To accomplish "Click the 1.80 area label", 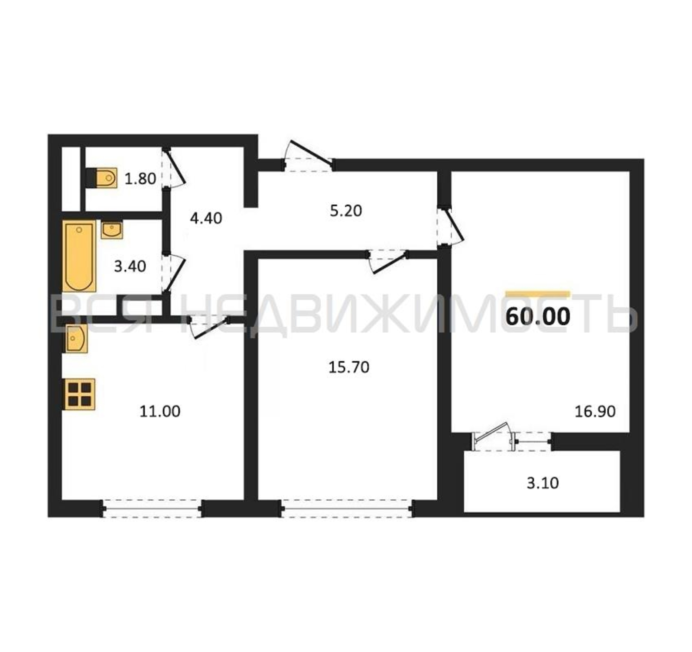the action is click(x=140, y=179).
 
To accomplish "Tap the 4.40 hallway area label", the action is click(x=206, y=218).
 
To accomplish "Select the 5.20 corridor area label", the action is click(x=346, y=211).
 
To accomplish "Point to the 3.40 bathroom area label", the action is click(x=130, y=267).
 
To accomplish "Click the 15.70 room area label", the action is click(x=349, y=367).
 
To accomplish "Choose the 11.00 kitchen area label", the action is click(x=160, y=411).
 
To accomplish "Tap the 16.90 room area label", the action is click(x=595, y=411).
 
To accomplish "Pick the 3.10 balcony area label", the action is click(x=543, y=483).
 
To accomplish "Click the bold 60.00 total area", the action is click(x=538, y=317).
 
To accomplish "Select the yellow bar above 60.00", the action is click(x=538, y=293).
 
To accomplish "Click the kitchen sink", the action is click(x=77, y=338).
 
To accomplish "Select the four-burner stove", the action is click(x=79, y=394).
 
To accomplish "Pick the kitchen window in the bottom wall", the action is click(x=152, y=509).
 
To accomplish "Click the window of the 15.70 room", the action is click(x=347, y=509).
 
